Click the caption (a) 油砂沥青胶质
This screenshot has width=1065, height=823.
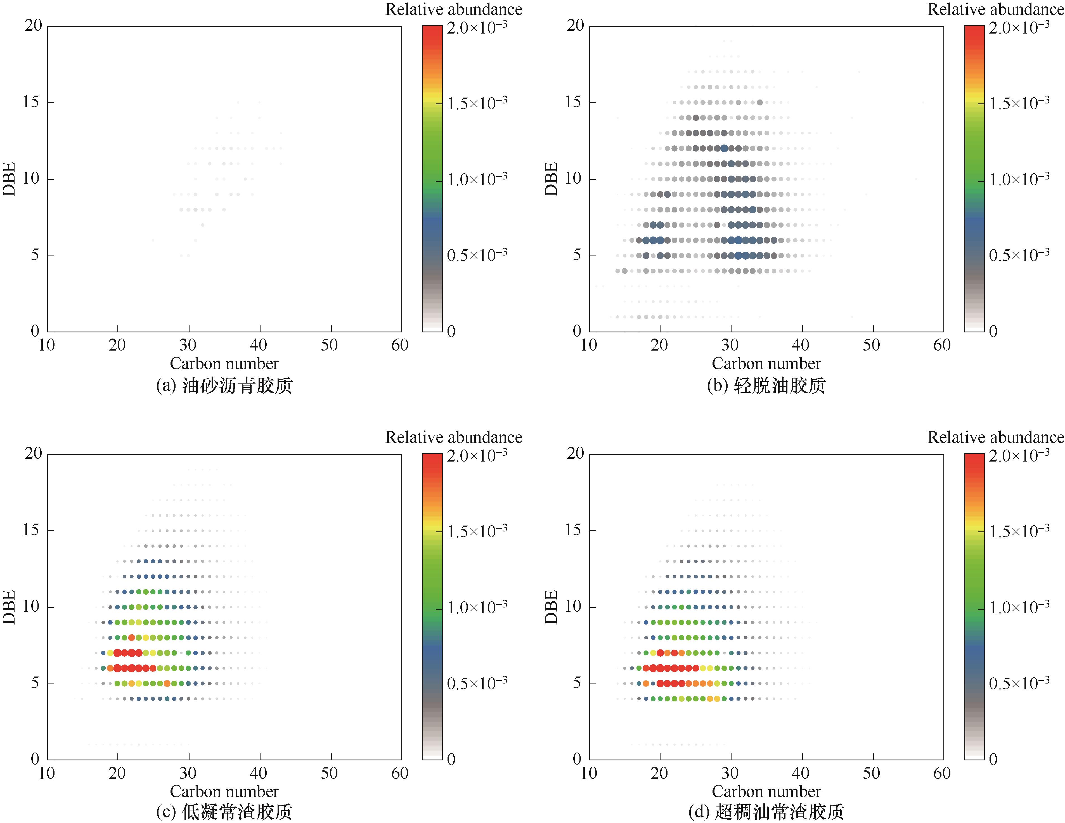coord(224,386)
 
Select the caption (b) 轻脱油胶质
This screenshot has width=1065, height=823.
coord(766,386)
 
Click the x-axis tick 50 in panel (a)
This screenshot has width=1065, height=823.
coord(330,345)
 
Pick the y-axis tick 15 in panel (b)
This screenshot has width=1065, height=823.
coord(574,102)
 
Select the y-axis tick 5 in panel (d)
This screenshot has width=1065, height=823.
coord(577,683)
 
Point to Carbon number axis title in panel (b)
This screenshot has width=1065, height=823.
coord(766,364)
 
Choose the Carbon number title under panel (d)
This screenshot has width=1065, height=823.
coord(766,791)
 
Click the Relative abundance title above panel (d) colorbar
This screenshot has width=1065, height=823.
coord(995,437)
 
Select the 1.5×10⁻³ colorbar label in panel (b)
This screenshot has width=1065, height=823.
coord(1019,103)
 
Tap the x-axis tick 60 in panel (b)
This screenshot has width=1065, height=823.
coord(942,345)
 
